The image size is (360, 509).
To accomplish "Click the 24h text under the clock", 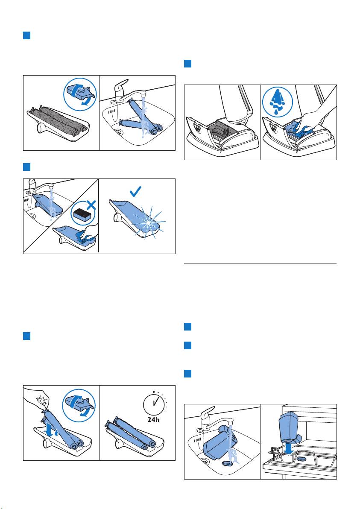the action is [153, 419].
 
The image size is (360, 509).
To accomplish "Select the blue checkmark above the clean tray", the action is [135, 191].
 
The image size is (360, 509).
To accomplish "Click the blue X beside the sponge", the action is [92, 205].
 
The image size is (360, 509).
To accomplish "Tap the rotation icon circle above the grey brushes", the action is [79, 94].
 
